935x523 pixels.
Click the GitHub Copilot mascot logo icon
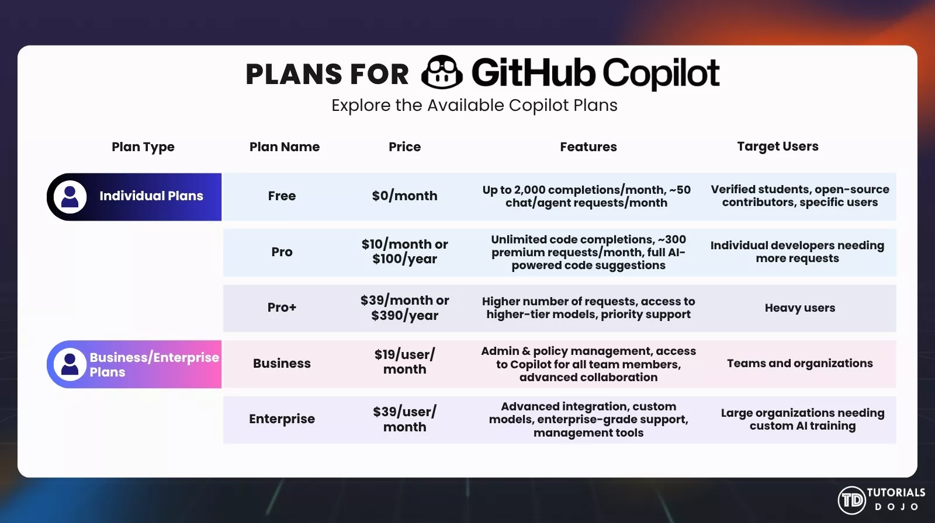(x=442, y=72)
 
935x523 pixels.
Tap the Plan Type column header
(x=143, y=147)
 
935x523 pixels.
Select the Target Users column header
(x=777, y=147)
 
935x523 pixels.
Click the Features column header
(x=588, y=147)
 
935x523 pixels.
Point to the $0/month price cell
(x=404, y=196)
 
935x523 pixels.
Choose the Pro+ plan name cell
(x=282, y=308)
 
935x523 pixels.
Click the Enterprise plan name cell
(x=282, y=419)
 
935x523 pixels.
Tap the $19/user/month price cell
(x=404, y=362)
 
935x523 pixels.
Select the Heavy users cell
(x=799, y=308)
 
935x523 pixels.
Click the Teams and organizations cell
(x=799, y=363)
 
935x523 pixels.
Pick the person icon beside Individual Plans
(x=70, y=197)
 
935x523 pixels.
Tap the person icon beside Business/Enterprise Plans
(x=70, y=364)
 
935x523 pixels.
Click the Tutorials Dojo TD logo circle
(x=851, y=500)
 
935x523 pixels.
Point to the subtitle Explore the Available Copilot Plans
(x=474, y=106)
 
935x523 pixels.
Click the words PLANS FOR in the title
(x=327, y=75)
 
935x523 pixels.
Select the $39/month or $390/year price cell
(x=404, y=308)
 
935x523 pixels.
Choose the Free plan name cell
(x=282, y=196)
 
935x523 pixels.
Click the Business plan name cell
(x=282, y=363)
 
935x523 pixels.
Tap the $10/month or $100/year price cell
(x=404, y=252)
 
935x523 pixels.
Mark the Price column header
(x=404, y=147)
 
